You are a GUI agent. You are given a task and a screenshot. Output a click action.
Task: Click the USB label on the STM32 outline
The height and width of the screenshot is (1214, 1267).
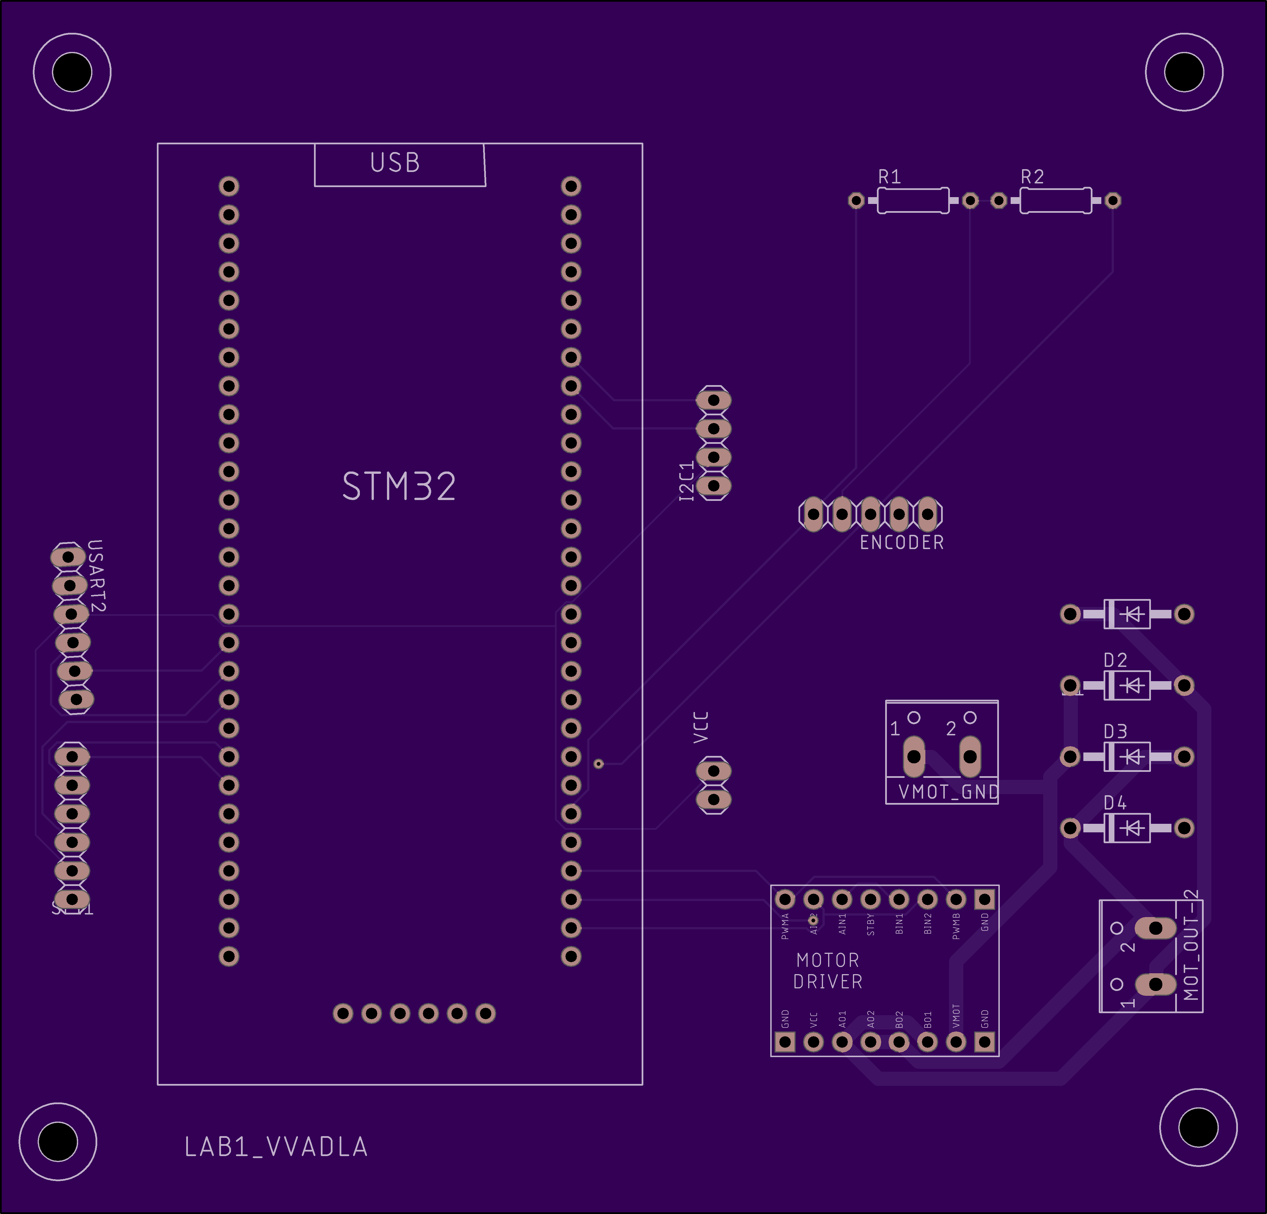tap(395, 163)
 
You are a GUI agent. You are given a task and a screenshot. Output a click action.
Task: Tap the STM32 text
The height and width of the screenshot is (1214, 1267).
tap(399, 487)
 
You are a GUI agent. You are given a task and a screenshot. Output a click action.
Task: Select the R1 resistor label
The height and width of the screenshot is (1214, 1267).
tap(889, 177)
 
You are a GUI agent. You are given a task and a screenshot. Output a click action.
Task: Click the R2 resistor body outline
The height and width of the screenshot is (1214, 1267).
tap(1056, 201)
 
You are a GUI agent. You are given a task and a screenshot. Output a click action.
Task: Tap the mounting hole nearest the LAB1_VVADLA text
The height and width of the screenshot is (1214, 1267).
tap(58, 1142)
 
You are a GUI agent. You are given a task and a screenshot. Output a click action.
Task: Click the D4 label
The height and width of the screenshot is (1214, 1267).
tap(1115, 803)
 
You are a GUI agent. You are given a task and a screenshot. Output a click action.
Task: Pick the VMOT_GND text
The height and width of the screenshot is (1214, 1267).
tap(948, 792)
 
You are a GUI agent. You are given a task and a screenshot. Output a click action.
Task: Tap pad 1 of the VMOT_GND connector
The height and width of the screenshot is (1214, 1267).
tap(913, 756)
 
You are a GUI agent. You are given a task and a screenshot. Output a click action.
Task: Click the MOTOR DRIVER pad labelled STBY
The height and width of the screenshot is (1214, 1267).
tap(870, 899)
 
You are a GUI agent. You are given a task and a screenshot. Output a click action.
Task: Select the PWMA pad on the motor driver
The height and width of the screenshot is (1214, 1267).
tap(785, 899)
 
